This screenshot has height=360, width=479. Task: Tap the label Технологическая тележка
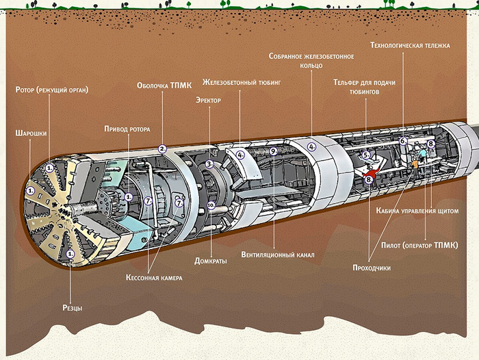[x=410, y=46]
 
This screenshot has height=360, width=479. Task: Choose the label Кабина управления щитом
[x=416, y=211]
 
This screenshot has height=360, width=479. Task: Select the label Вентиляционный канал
[x=278, y=255]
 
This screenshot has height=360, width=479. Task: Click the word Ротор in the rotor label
[x=29, y=90]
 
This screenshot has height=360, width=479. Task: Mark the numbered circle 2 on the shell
[x=162, y=148]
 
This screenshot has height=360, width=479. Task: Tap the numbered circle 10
[x=211, y=205]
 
